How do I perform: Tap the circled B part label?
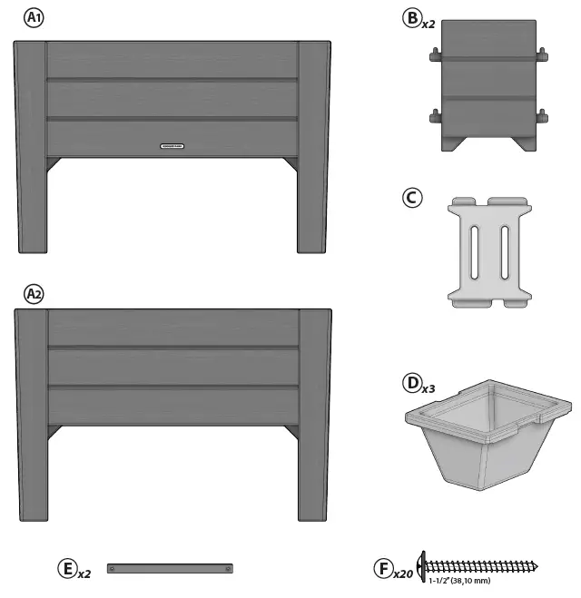click(x=411, y=17)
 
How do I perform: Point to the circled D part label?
click(x=412, y=383)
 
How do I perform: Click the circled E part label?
click(x=67, y=569)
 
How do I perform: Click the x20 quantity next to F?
click(x=403, y=573)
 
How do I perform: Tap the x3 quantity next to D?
click(x=429, y=388)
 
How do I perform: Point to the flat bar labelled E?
click(x=171, y=569)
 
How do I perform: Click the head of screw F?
click(x=421, y=566)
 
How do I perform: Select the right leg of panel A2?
click(x=314, y=436)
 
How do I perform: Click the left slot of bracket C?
click(x=473, y=251)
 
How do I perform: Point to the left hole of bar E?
click(x=113, y=569)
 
